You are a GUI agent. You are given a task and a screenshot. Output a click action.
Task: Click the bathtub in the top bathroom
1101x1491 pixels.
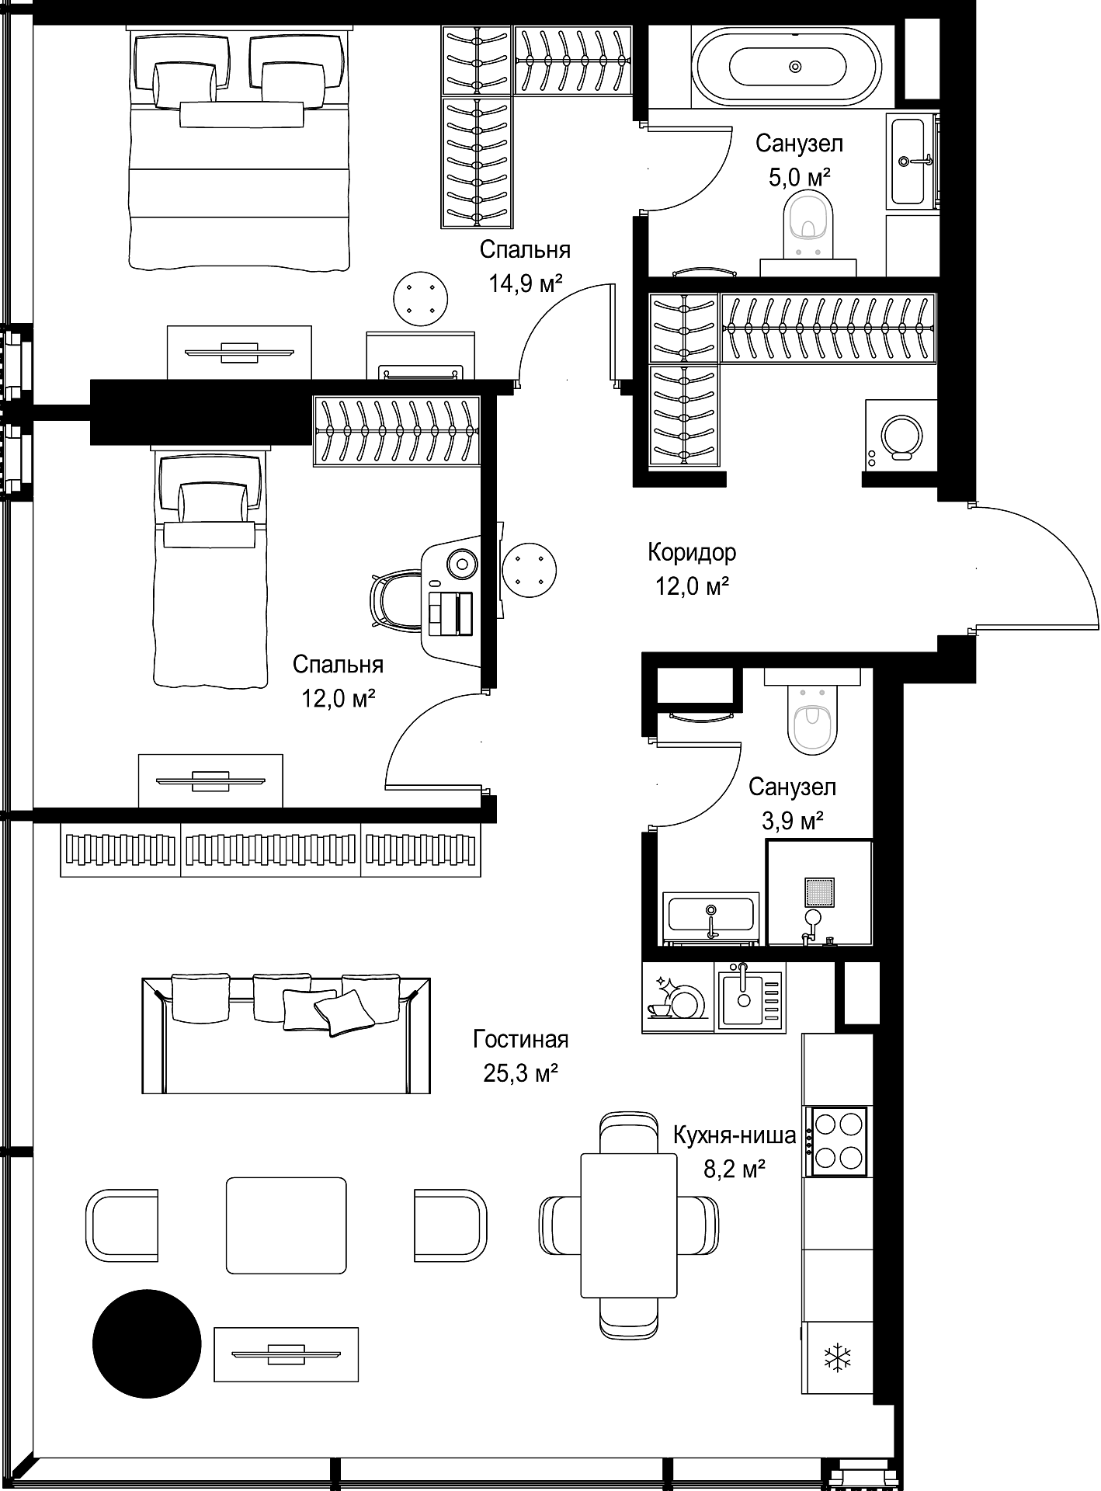[x=787, y=66]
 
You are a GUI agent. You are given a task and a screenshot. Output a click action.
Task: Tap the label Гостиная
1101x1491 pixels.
[x=521, y=1039]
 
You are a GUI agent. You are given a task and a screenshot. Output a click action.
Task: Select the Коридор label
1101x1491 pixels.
[x=692, y=553]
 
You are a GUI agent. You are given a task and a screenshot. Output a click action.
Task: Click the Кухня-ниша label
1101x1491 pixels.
[x=735, y=1135]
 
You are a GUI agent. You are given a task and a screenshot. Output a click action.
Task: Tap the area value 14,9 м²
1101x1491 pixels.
[x=525, y=283]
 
